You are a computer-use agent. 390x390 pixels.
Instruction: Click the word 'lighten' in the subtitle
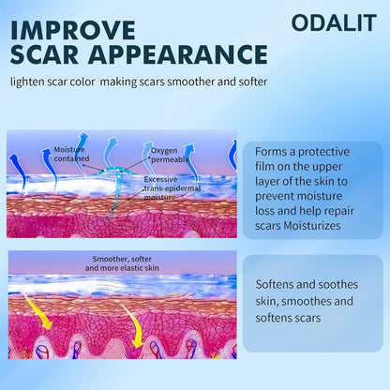(x=31, y=82)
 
